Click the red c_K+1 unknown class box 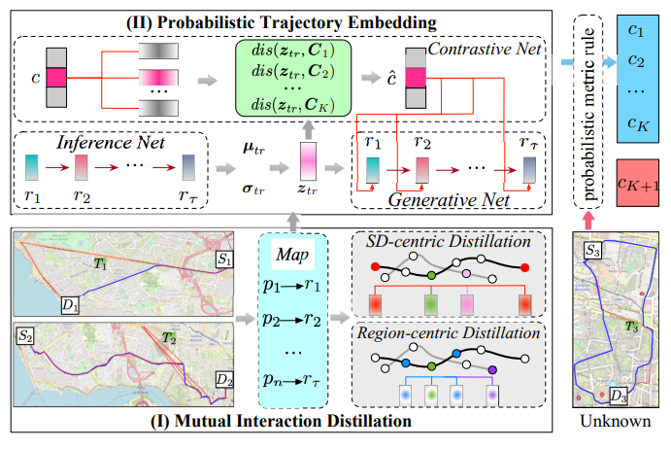point(638,183)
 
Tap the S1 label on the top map point(224,259)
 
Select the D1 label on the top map point(70,305)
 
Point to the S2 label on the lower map point(25,336)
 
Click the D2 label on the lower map point(224,379)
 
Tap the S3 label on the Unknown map point(592,250)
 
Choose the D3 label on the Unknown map point(619,396)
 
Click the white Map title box point(293,255)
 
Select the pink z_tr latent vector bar point(308,161)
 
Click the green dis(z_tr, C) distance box point(293,78)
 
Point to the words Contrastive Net point(485,49)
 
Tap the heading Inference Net point(111,143)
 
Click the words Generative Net point(449,199)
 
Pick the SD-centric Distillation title point(448,241)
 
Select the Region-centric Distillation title point(449,333)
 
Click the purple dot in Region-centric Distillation point(492,369)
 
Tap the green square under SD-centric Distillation point(431,304)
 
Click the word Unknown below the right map point(616,421)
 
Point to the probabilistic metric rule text point(588,115)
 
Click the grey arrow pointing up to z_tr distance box point(308,129)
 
